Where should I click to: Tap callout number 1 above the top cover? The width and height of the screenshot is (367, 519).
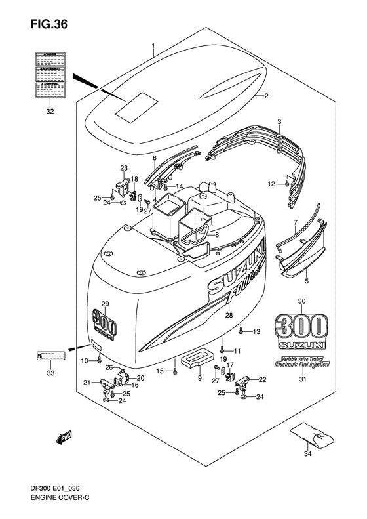click(x=153, y=47)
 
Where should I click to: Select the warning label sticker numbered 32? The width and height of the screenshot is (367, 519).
click(x=50, y=73)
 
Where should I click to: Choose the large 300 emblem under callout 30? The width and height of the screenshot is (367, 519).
click(x=302, y=326)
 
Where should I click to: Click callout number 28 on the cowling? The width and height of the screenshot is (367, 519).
click(x=229, y=316)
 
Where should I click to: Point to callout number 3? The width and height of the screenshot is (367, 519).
click(x=279, y=123)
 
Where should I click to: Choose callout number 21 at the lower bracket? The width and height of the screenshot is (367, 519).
click(x=87, y=383)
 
